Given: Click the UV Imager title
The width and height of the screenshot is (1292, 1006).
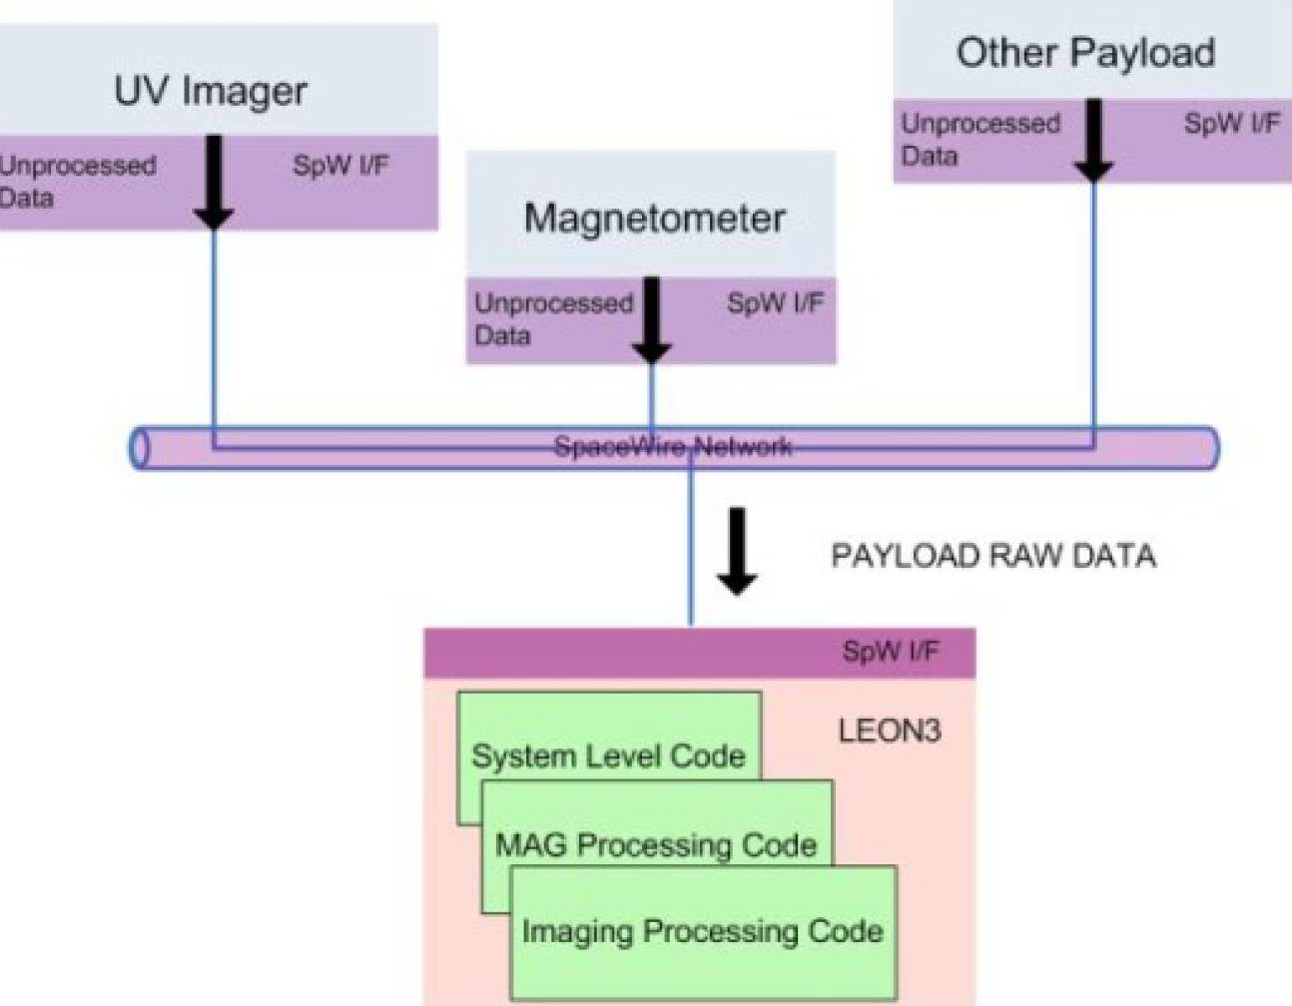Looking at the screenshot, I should (211, 91).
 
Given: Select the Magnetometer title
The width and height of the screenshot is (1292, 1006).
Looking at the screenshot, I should (654, 219).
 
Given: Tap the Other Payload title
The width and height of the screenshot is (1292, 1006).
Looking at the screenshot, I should (1085, 53).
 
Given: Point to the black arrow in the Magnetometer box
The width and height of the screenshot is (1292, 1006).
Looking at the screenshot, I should (652, 319).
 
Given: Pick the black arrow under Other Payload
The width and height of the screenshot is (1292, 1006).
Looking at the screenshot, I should (1093, 140).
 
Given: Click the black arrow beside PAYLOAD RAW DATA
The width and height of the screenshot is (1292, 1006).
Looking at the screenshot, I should (737, 551).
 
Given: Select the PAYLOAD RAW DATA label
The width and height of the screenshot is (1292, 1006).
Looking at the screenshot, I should (993, 556).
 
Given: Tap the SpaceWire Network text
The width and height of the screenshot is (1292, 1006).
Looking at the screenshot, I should (673, 446).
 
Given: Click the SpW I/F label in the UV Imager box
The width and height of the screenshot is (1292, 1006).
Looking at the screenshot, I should (340, 166).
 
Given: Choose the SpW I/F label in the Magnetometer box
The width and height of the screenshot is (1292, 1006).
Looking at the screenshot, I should (776, 303).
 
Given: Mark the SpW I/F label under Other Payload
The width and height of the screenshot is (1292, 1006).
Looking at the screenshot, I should (1231, 124).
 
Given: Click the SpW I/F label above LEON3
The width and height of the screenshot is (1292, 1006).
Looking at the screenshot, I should (890, 653).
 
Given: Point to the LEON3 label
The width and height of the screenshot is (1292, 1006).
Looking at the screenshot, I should (889, 732).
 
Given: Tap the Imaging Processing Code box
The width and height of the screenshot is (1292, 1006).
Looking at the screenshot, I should (702, 932).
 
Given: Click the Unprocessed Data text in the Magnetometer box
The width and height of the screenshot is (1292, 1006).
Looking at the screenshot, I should (552, 318).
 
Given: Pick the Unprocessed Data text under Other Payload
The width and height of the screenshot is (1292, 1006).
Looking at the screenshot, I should (979, 139).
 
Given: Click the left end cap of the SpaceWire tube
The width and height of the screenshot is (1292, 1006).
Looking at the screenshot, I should (140, 448).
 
